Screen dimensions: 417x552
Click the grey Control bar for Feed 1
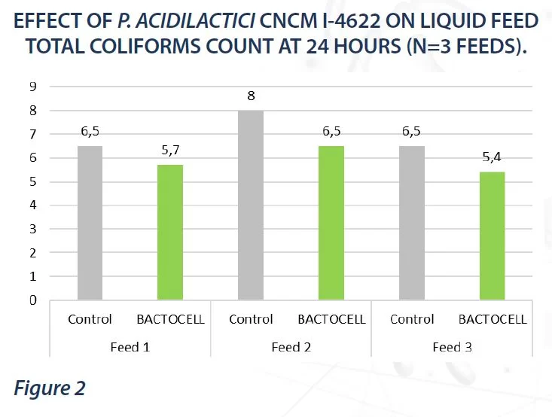(x=90, y=223)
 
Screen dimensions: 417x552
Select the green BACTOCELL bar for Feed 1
(x=170, y=232)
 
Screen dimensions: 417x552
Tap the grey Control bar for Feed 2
(x=251, y=205)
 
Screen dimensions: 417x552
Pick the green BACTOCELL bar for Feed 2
(x=331, y=223)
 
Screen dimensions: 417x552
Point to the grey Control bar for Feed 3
(x=412, y=223)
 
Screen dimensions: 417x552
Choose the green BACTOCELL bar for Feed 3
(x=493, y=236)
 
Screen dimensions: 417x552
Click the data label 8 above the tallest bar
(x=251, y=96)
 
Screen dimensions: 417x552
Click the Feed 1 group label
(x=130, y=347)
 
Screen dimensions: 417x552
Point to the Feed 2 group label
(x=291, y=347)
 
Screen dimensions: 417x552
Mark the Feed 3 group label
(x=452, y=347)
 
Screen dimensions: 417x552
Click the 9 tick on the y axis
(x=33, y=87)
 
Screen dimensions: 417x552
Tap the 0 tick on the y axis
(x=33, y=300)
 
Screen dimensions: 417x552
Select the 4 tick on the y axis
(x=33, y=205)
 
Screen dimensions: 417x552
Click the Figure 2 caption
(x=48, y=388)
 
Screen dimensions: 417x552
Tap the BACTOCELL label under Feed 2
(x=331, y=319)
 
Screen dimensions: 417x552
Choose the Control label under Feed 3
(x=412, y=319)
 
